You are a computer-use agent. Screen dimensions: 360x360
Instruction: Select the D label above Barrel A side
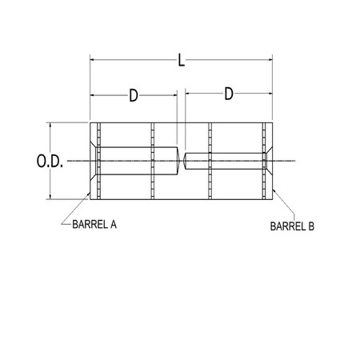coord(134,95)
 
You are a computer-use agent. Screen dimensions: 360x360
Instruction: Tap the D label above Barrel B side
coord(229,94)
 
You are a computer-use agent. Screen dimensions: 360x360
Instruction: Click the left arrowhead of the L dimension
coord(93,58)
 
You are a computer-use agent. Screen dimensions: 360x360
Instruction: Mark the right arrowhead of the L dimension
coord(271,58)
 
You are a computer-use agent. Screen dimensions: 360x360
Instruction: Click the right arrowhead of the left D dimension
coord(174,96)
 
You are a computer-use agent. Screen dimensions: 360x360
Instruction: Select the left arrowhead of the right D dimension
coord(189,96)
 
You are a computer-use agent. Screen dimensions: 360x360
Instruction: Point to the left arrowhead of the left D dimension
coord(93,96)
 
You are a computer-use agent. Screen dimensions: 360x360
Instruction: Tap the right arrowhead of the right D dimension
coord(270,96)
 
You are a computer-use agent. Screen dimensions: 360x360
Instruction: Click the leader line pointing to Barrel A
coord(76,211)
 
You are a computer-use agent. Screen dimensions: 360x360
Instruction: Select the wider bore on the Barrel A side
coord(136,161)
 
